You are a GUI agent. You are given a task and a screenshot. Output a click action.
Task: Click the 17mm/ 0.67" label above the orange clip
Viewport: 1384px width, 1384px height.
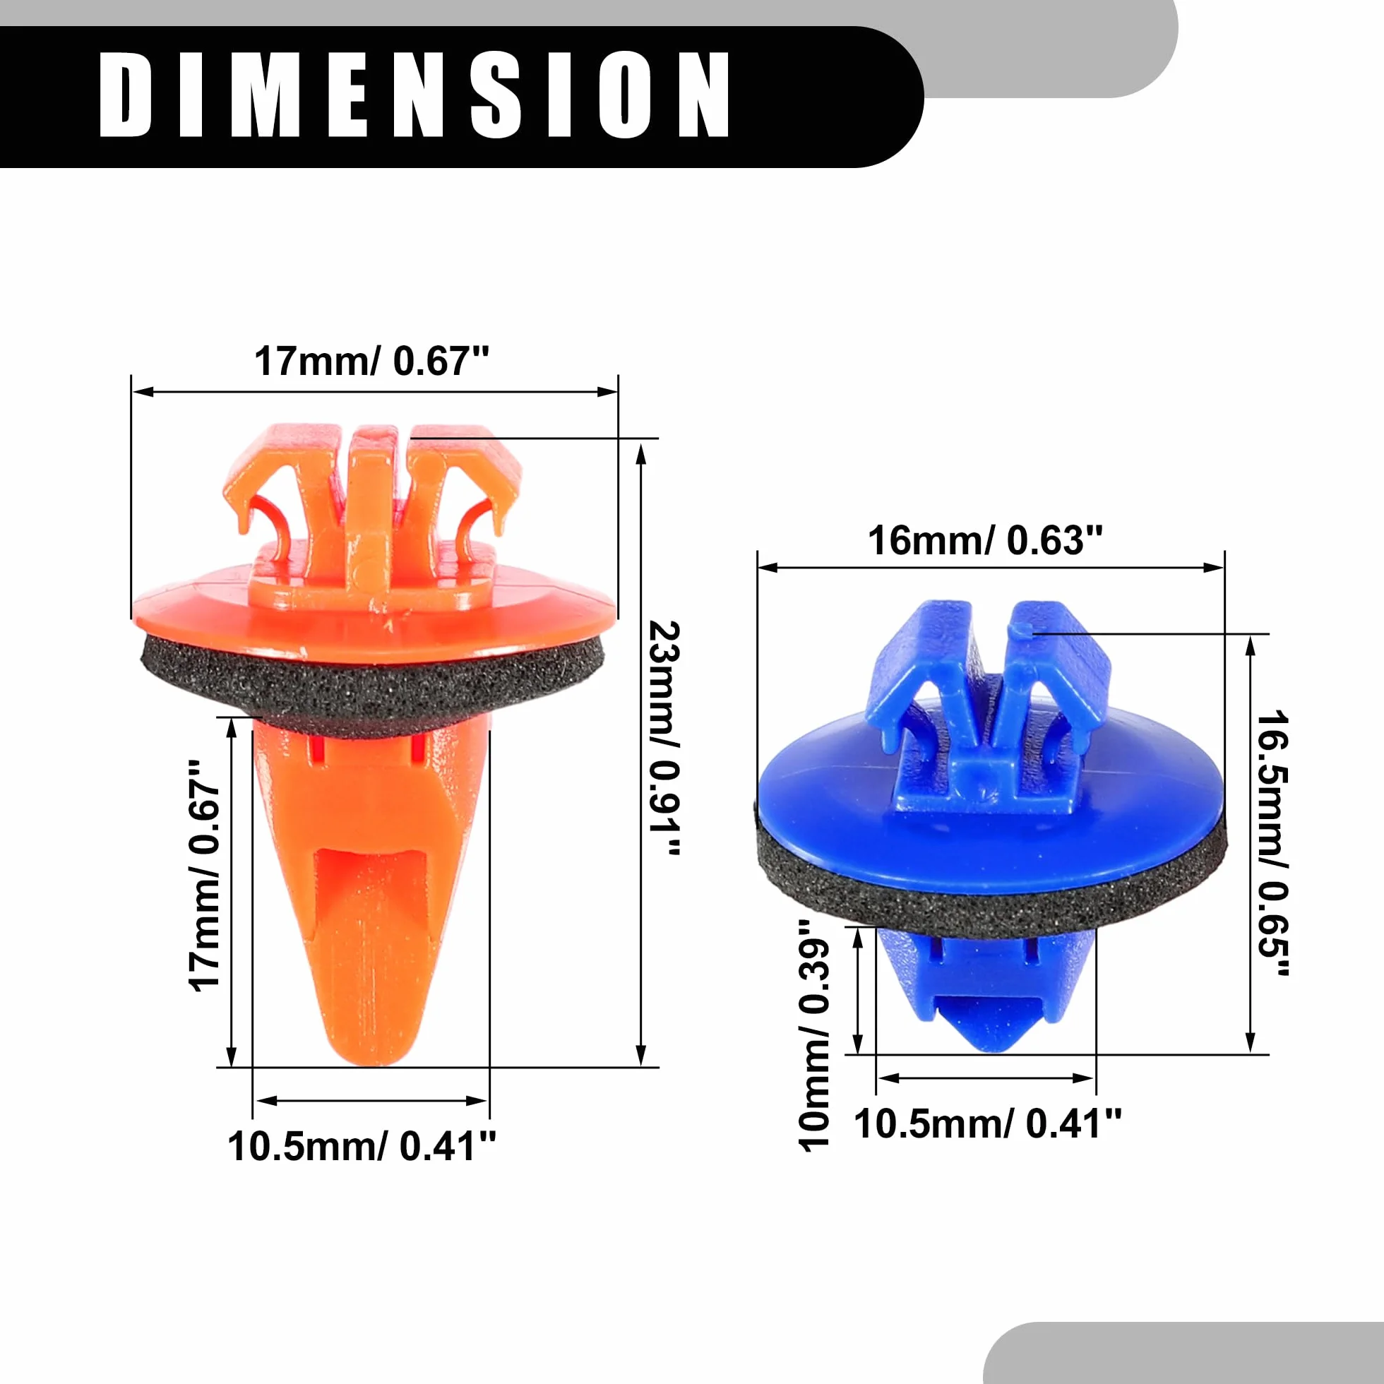[x=372, y=361]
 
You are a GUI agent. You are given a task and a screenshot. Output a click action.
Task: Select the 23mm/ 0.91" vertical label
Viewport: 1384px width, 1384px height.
[x=663, y=739]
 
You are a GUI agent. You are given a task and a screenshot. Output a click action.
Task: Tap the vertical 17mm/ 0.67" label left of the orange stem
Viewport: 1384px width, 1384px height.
[x=205, y=876]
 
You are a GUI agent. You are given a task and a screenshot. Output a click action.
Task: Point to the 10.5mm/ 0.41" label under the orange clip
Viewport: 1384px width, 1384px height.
[x=362, y=1146]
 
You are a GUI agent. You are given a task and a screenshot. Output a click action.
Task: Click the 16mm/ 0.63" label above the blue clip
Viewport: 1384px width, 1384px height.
[x=985, y=540]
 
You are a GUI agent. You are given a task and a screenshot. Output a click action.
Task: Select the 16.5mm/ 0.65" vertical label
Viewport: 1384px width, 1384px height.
[x=1273, y=843]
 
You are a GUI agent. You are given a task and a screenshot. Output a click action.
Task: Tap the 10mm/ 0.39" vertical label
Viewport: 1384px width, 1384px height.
[x=814, y=1035]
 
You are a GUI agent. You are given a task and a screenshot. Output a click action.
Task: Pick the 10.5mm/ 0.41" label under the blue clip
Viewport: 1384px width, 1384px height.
[x=988, y=1123]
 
